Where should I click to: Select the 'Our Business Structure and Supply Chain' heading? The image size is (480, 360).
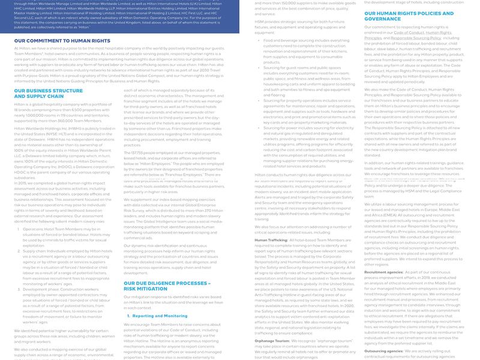tap(48, 94)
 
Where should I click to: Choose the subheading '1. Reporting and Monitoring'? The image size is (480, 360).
tap(160, 316)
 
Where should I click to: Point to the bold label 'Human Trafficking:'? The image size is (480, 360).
tap(271, 239)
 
